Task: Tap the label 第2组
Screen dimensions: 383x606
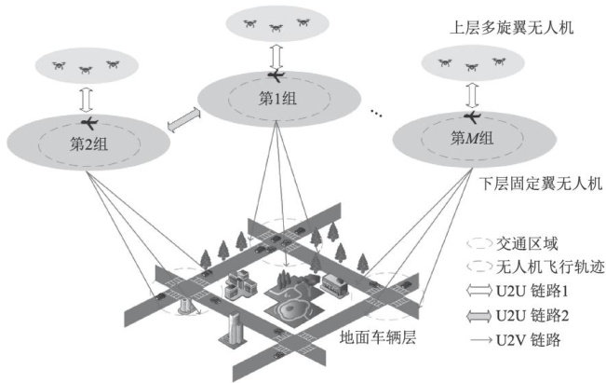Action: (89, 144)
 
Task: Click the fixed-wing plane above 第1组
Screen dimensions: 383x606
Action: (276, 75)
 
